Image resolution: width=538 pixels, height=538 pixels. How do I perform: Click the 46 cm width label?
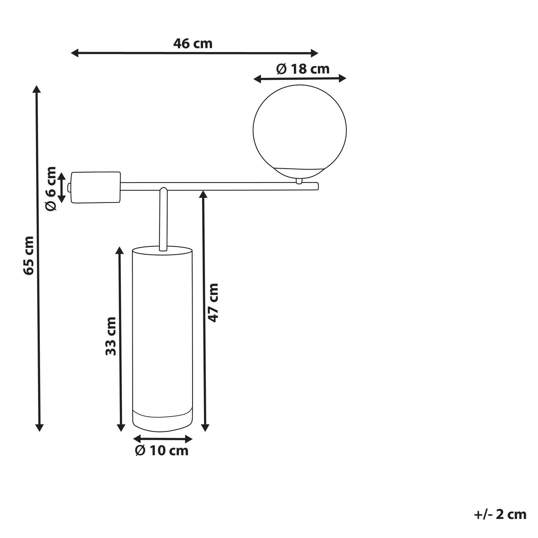[x=193, y=44]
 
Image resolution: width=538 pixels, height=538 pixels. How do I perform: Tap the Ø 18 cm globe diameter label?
[x=303, y=69]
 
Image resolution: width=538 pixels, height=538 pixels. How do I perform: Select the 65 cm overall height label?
[x=28, y=255]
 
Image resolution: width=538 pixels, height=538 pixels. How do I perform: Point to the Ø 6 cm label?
[x=51, y=188]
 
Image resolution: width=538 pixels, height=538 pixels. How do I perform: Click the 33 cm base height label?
[x=111, y=336]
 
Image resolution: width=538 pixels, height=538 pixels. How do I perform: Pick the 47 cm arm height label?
[x=213, y=302]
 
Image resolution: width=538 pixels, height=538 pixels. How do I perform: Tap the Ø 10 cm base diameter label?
[x=162, y=450]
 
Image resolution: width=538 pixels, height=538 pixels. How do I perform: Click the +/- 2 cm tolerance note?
[x=500, y=514]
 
